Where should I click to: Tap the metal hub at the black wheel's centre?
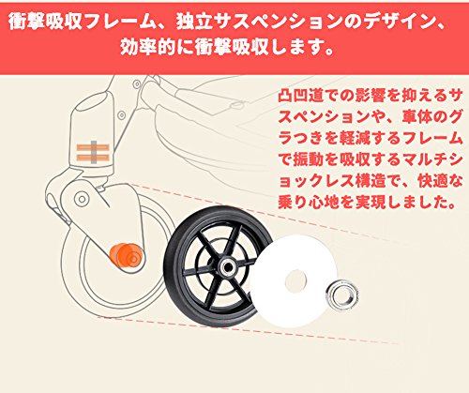[x=228, y=266]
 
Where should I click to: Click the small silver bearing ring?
[x=341, y=295]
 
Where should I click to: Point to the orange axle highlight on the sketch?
[x=126, y=256]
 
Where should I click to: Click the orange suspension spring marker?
[x=93, y=152]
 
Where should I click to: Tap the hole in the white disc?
[x=295, y=280]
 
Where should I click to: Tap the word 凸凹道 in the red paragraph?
[x=300, y=96]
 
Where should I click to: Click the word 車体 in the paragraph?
[x=416, y=117]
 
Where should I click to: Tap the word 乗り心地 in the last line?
[x=308, y=203]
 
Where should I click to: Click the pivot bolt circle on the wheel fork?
[x=82, y=199]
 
